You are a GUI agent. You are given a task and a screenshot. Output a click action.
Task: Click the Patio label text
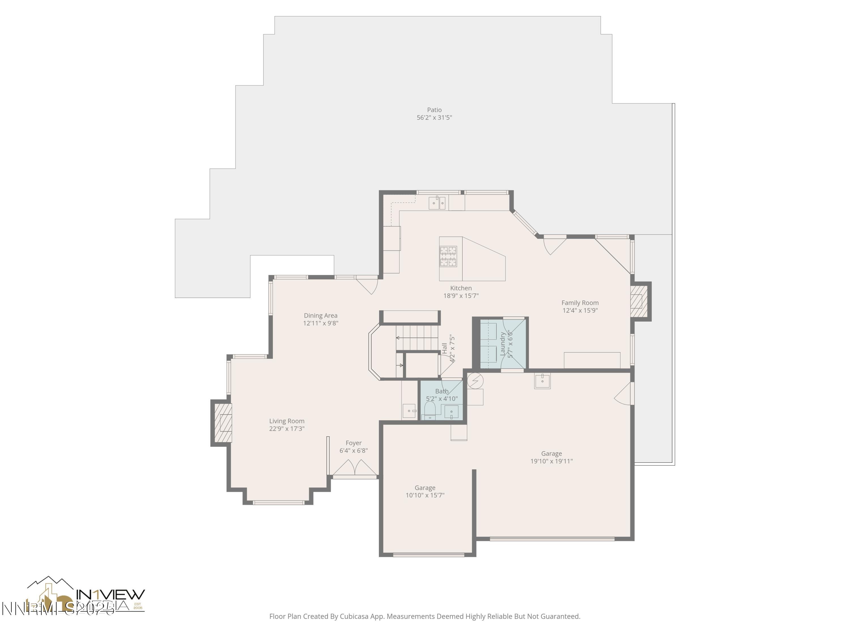[x=434, y=110]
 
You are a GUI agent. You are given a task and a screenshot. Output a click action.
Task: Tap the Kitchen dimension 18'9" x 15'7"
[x=461, y=296]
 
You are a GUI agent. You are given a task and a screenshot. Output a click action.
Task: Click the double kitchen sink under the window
[x=437, y=203]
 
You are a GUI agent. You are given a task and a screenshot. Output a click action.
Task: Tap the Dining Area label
[x=320, y=315]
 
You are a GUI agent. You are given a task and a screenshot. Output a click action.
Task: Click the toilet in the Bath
[x=430, y=409]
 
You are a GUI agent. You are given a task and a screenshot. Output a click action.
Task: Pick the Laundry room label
[x=502, y=343]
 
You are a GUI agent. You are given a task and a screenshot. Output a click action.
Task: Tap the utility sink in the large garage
[x=542, y=381]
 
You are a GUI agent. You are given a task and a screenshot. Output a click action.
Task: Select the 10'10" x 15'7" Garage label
[x=425, y=491]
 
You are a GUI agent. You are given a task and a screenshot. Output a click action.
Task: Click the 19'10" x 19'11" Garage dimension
[x=551, y=461]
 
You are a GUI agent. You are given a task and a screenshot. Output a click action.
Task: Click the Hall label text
[x=445, y=348]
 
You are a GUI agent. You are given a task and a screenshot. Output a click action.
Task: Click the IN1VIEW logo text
[x=111, y=595]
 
